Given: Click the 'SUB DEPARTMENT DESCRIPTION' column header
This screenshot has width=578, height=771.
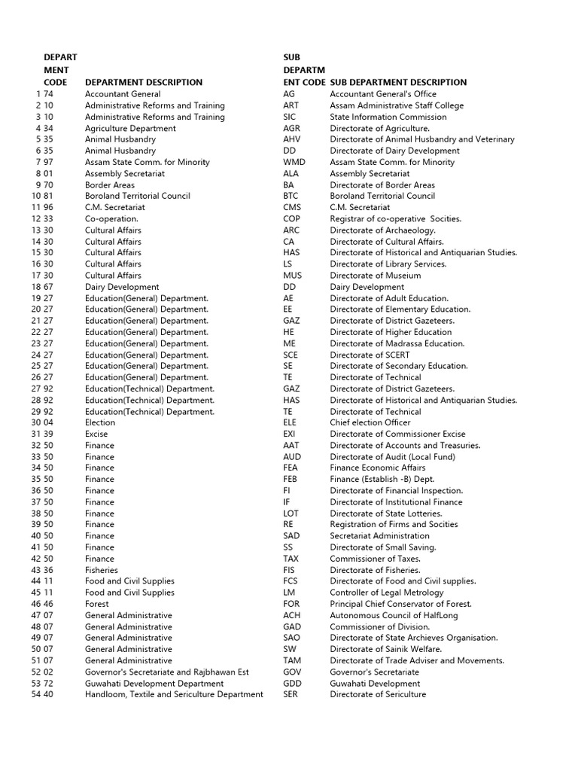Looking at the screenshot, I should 398,82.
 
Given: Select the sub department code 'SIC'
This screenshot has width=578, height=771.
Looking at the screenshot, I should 290,117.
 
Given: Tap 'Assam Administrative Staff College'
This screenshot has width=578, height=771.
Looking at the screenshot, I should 397,105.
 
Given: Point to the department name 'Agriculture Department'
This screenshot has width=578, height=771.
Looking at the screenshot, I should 130,128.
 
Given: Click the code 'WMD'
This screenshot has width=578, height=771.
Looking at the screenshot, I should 294,162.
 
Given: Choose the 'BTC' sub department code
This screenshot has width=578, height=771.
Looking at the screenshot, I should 291,196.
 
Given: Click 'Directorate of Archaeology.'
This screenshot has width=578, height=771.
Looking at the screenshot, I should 382,230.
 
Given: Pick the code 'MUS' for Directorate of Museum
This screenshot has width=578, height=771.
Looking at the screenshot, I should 293,276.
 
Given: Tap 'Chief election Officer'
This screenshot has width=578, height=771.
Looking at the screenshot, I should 370,422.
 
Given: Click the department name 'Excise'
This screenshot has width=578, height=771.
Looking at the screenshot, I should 96,434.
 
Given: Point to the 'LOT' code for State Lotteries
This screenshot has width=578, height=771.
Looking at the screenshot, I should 291,513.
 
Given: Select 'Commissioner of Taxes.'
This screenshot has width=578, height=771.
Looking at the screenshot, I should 375,559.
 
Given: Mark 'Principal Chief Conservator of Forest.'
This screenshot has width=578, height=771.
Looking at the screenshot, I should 400,604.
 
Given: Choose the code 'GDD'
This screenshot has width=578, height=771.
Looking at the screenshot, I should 292,683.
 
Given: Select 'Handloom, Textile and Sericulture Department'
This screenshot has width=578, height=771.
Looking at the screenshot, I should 174,694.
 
